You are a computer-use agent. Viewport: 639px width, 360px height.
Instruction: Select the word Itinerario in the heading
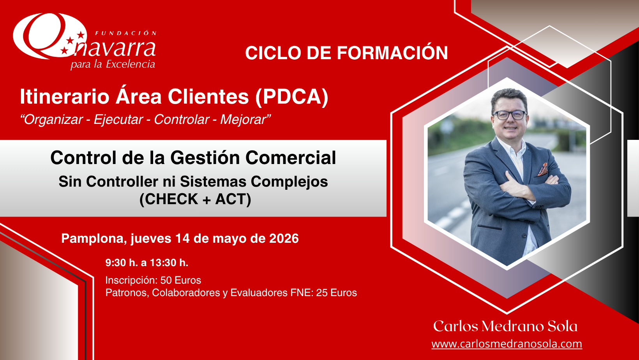click(64, 97)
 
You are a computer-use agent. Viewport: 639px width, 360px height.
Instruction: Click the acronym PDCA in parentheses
click(291, 97)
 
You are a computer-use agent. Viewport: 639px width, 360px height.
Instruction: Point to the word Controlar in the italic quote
click(182, 119)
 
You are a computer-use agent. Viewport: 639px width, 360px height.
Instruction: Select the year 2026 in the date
click(284, 238)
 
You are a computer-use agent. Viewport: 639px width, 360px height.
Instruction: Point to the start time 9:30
click(116, 263)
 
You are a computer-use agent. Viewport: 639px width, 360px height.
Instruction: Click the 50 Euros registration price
click(180, 280)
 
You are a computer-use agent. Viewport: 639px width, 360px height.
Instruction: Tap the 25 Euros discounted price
click(336, 293)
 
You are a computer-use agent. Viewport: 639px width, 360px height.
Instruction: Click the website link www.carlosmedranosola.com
click(507, 344)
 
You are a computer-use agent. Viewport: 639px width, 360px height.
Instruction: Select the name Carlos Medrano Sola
click(505, 326)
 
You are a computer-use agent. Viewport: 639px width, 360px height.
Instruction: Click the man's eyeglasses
click(510, 115)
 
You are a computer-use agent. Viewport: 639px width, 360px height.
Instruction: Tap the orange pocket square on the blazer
click(543, 169)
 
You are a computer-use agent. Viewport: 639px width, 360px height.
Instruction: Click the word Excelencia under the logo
click(131, 64)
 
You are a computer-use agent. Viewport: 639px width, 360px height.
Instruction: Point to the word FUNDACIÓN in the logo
click(126, 33)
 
